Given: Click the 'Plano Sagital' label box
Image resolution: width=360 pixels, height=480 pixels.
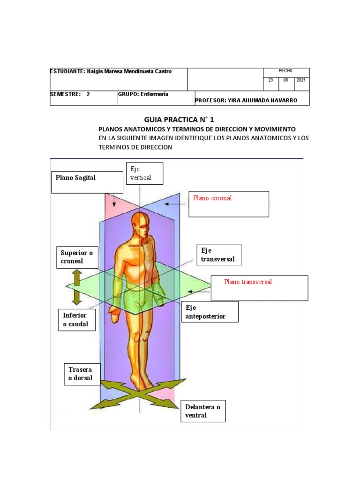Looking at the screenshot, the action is pos(87,182).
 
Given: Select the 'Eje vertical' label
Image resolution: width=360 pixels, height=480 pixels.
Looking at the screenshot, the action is pos(144,173).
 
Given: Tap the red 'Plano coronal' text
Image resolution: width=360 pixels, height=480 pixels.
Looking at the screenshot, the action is pos(212,198).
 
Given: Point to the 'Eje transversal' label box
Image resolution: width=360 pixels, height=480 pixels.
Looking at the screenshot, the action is pos(219,255).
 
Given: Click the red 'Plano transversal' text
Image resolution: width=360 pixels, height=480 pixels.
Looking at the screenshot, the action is pos(248,282).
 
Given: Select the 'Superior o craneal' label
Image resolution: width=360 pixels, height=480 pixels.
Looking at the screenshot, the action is pos(77,257).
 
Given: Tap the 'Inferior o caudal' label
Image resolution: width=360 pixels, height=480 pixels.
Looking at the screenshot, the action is pos(77,320).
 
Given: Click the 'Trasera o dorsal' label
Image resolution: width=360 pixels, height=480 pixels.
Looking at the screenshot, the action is pos(82,374).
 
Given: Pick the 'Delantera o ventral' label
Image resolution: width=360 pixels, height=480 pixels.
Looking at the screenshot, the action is pos(203,411).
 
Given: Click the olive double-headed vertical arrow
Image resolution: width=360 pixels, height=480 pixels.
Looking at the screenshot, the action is pos(77,287).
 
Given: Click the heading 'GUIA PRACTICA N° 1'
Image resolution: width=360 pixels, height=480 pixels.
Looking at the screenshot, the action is pos(179,120).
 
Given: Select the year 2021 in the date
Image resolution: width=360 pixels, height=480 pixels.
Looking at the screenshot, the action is pos(301,80).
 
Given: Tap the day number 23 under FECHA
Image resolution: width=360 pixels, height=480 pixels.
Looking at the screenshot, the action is pos(270,80).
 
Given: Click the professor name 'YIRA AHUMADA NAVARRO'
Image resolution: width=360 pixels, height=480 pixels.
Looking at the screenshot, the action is pos(262,100).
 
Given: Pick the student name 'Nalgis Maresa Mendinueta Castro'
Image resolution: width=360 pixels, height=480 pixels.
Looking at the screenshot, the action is pos(129,71).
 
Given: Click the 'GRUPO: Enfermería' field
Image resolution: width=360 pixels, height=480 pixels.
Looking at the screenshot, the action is pos(143,94).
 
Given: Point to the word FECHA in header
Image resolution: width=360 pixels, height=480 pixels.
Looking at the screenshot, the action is pos(285,71).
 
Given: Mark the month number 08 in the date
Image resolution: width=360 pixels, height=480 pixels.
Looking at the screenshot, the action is pos(285,80).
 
